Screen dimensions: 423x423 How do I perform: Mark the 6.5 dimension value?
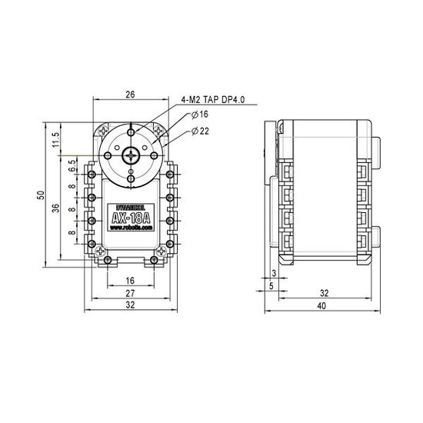(71, 167)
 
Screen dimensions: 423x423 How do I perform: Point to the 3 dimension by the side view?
(274, 274)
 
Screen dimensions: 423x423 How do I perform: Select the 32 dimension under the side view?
(324, 294)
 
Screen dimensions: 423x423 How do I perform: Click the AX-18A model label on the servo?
(130, 218)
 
